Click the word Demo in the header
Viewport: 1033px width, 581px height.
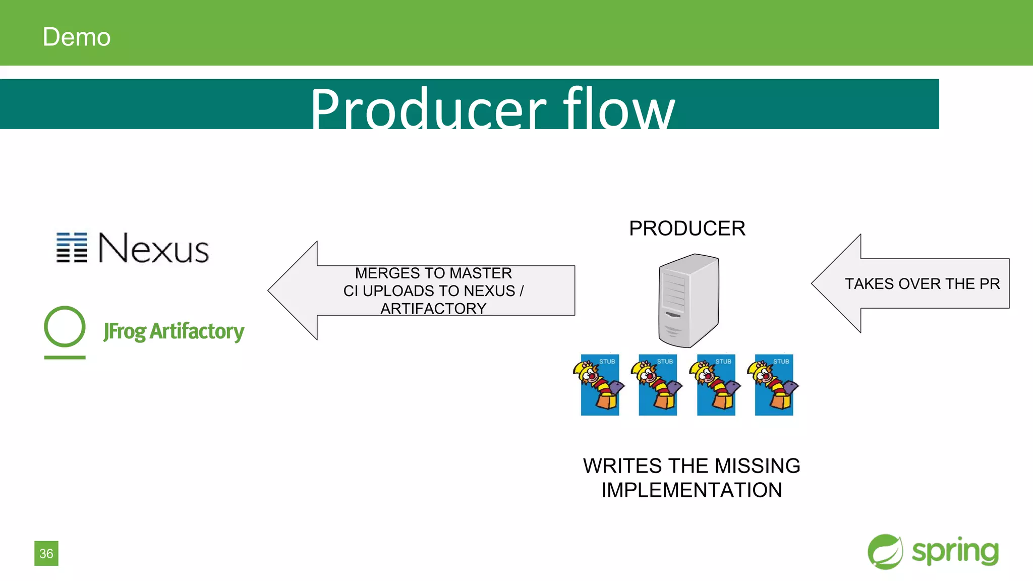(x=76, y=37)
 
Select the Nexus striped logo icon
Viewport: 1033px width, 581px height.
(x=71, y=248)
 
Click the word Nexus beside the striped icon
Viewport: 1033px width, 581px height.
(x=154, y=248)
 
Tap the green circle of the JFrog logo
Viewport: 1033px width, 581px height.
(x=65, y=327)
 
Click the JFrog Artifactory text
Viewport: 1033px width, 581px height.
(x=174, y=331)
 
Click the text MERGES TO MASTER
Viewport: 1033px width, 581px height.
(x=433, y=273)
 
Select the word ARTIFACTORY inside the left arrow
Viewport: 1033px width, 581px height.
(x=433, y=308)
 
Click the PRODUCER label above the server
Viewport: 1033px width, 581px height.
(x=687, y=228)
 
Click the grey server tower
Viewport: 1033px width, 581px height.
(x=688, y=301)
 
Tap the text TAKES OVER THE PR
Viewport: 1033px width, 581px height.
(x=922, y=283)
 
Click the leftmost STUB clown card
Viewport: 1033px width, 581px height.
(x=600, y=385)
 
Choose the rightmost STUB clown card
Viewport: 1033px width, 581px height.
(x=774, y=385)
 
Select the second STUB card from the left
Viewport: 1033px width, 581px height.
(x=658, y=385)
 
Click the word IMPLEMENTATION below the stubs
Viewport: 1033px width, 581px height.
(x=692, y=490)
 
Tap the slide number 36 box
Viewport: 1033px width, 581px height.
(x=46, y=553)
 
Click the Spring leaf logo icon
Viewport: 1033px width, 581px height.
(x=885, y=552)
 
